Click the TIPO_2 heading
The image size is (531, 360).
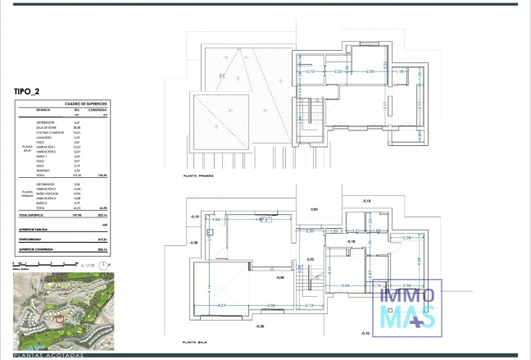(29, 93)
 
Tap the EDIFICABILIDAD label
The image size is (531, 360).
(32, 239)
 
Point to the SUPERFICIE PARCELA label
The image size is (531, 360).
(34, 228)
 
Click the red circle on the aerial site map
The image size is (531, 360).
(59, 318)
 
